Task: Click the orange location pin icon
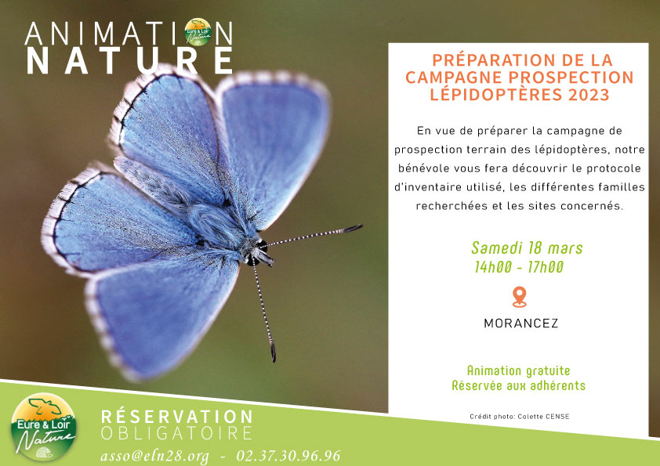[x=520, y=297]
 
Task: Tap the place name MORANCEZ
[x=521, y=323]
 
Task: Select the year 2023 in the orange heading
[x=589, y=95]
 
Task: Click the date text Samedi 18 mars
[x=527, y=248]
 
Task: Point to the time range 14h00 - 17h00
[x=519, y=267]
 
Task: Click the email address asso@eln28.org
[x=154, y=457]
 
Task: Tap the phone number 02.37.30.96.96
[x=288, y=456]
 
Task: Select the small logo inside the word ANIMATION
[x=198, y=32]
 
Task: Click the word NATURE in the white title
[x=129, y=61]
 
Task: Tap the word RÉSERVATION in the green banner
[x=177, y=417]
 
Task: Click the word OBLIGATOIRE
[x=176, y=434]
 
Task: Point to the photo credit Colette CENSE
[x=543, y=417]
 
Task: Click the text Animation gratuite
[x=519, y=371]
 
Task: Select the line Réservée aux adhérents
[x=519, y=385]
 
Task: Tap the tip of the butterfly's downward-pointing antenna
[x=274, y=359]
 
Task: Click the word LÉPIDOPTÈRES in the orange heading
[x=496, y=94]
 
